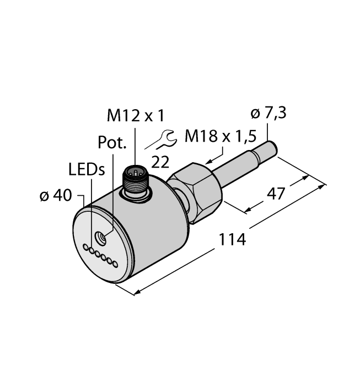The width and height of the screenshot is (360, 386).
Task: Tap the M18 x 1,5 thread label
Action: point(221,136)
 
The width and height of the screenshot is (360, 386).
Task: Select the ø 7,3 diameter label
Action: point(268,113)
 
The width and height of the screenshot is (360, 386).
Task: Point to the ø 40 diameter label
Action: point(56,196)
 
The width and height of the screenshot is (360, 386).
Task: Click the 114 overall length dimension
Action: point(232,239)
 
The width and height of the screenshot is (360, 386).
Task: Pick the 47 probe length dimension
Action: point(276,194)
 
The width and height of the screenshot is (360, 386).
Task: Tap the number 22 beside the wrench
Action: point(160,162)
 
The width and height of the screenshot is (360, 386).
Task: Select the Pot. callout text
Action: point(112,142)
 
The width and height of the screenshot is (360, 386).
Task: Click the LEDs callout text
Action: point(87,170)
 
